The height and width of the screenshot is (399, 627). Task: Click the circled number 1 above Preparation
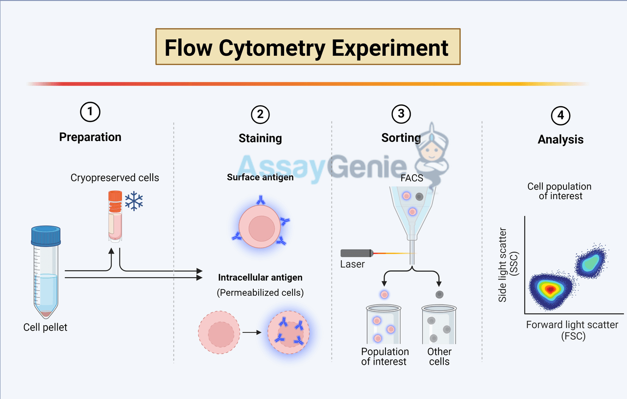click(90, 112)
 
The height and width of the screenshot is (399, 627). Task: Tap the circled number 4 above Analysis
click(560, 116)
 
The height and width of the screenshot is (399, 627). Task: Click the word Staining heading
click(260, 139)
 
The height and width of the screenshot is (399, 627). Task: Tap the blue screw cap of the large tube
click(46, 236)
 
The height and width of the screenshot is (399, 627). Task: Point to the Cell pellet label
click(46, 328)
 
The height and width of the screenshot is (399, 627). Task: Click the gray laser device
click(357, 253)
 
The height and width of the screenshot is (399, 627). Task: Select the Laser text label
click(352, 264)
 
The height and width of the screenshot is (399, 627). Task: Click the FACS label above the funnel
click(411, 178)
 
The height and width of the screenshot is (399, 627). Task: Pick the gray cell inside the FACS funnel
click(419, 197)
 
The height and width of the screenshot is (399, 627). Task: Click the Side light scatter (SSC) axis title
click(508, 264)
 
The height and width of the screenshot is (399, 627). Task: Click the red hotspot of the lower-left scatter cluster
click(551, 289)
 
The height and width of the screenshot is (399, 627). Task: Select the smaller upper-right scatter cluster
click(593, 263)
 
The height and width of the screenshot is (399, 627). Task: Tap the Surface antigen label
click(260, 177)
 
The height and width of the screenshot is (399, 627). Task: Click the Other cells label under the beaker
click(439, 356)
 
